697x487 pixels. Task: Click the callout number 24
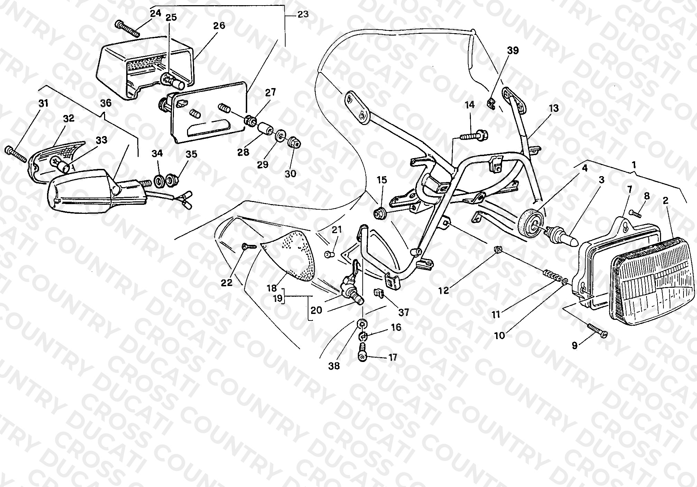click(156, 13)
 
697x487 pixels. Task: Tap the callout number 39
click(513, 50)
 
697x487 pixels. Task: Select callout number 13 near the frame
click(554, 108)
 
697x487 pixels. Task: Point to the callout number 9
click(575, 345)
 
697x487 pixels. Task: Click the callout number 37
click(404, 313)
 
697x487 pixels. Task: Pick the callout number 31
click(44, 103)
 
